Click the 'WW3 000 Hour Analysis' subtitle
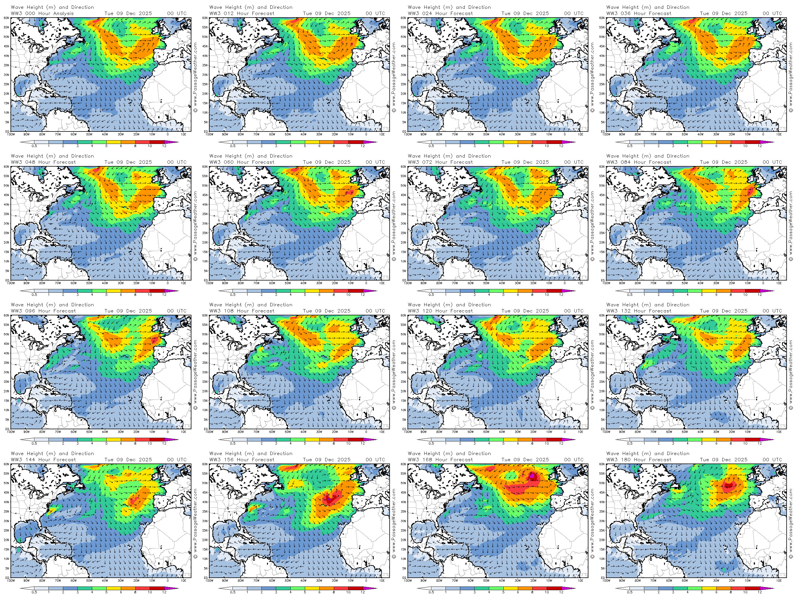[x=42, y=14]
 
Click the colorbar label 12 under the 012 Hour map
[x=363, y=146]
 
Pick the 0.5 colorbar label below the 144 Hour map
[x=34, y=592]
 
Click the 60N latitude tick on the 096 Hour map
[x=7, y=316]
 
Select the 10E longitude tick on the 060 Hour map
[x=382, y=283]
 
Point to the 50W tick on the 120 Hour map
[x=486, y=432]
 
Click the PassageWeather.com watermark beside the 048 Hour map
[x=196, y=226]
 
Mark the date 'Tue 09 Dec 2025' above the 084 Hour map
[x=724, y=162]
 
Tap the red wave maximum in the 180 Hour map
[x=728, y=486]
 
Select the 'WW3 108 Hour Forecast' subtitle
[x=242, y=311]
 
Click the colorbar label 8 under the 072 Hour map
[x=532, y=294]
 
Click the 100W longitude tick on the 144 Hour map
[x=11, y=581]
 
